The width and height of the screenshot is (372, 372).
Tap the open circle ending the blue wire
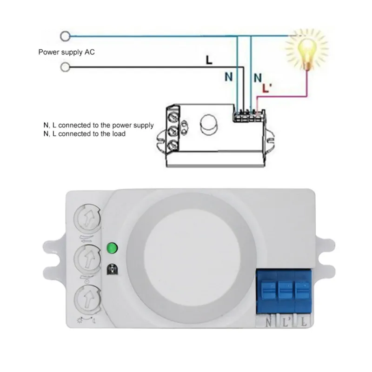coord(66,35)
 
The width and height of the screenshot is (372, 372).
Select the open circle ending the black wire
coord(66,68)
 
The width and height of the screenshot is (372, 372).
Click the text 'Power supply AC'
coord(66,52)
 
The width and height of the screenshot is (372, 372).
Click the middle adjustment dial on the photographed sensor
coord(88,257)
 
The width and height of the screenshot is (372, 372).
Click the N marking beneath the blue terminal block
coord(268,321)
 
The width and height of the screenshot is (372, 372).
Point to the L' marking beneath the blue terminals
coord(286,321)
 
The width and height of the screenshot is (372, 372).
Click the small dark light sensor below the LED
coord(112,269)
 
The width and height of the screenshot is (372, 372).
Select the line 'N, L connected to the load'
coord(84,134)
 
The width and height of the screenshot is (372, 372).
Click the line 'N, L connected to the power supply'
coord(98,126)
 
